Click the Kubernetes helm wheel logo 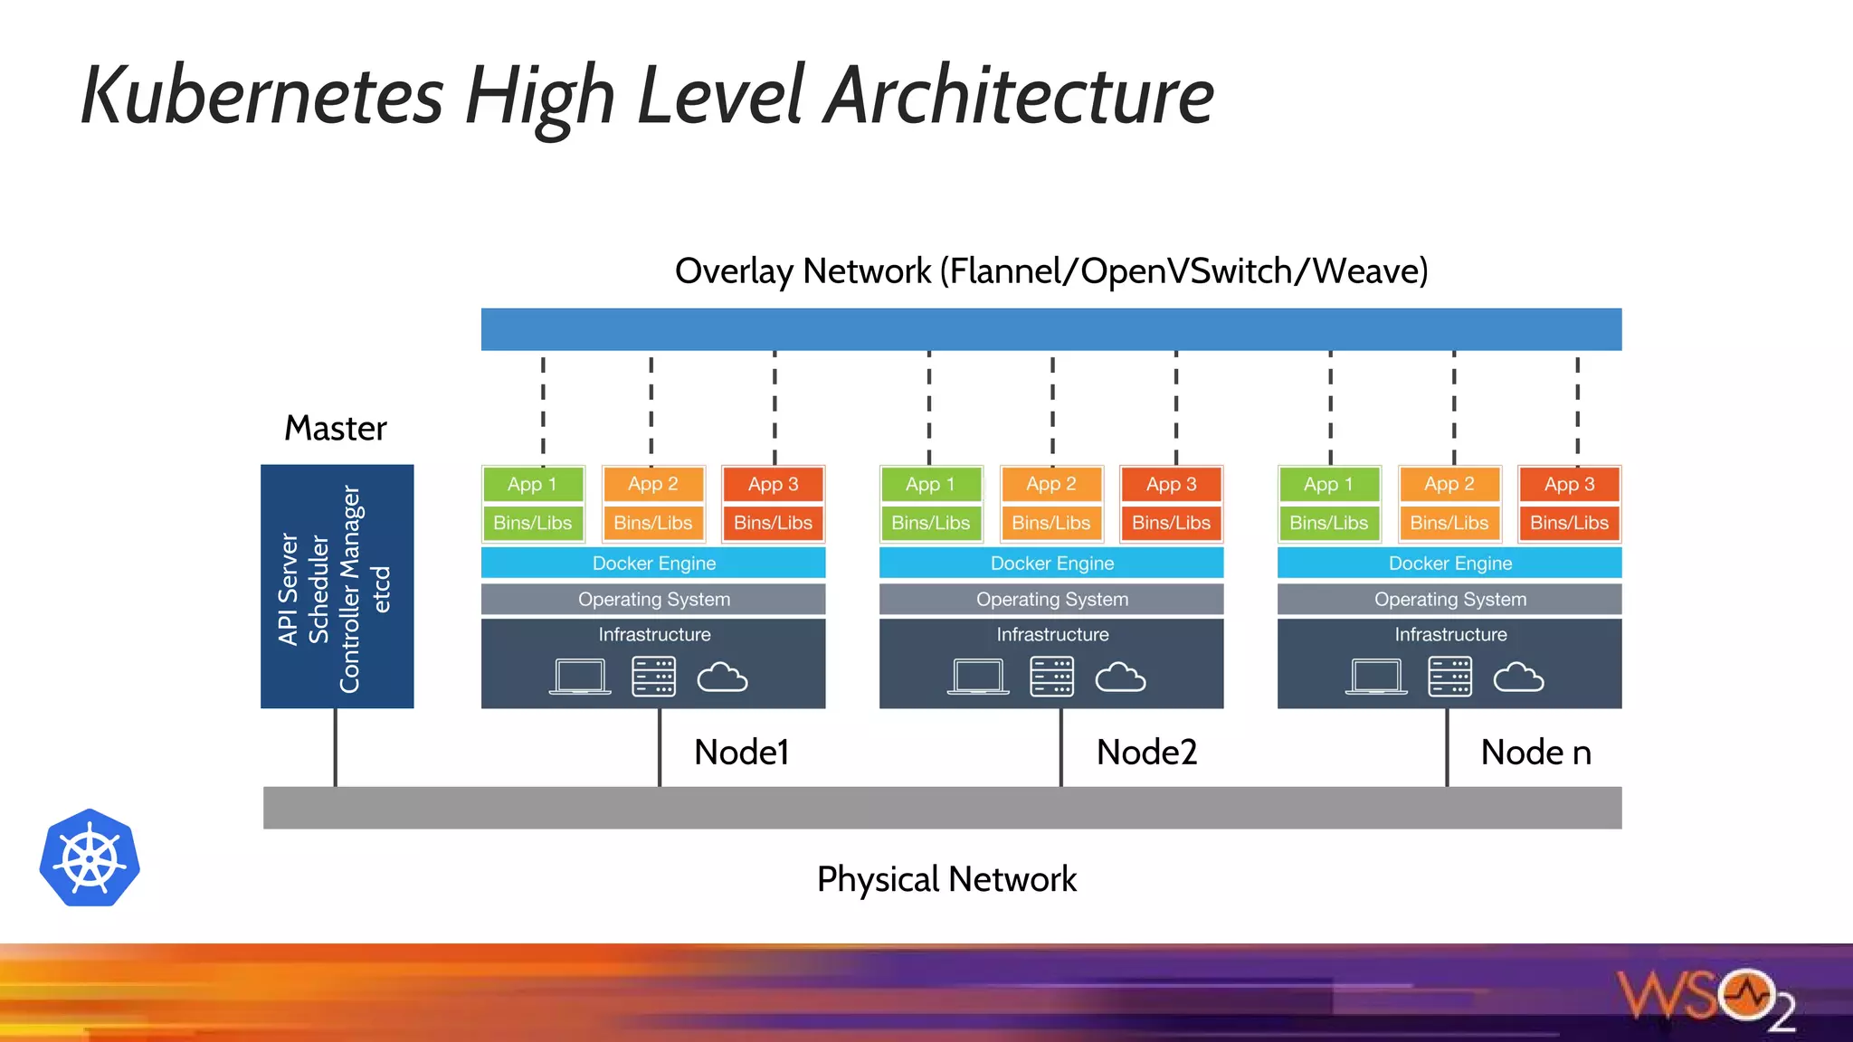90,857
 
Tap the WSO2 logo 1706,999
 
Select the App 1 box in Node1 532,484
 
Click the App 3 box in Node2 1171,484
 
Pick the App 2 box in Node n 1449,484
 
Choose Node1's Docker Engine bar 653,563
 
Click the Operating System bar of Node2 1051,599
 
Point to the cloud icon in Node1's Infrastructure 722,677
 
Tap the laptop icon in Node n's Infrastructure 1376,677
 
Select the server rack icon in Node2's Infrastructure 1051,677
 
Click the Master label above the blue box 336,428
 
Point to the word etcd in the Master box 381,589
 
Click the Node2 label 1146,752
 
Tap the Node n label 1535,752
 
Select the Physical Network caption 946,879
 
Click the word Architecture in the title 1019,95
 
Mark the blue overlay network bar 1051,329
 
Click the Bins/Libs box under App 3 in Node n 1569,523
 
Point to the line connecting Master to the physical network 336,747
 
